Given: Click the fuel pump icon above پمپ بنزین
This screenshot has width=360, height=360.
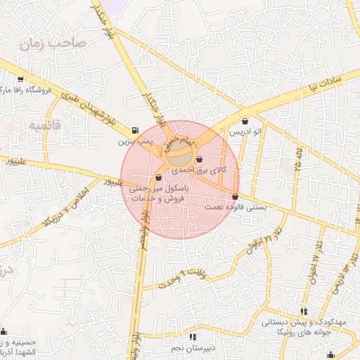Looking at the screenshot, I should pyautogui.click(x=134, y=130).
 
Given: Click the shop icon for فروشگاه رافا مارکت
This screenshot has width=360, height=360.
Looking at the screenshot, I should pyautogui.click(x=20, y=79).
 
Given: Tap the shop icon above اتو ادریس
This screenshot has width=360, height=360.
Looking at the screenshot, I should pyautogui.click(x=245, y=121).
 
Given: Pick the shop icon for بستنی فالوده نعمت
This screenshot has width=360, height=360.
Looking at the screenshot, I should pyautogui.click(x=234, y=197).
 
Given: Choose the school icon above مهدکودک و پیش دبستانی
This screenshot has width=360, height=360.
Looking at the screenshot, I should pyautogui.click(x=304, y=311).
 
